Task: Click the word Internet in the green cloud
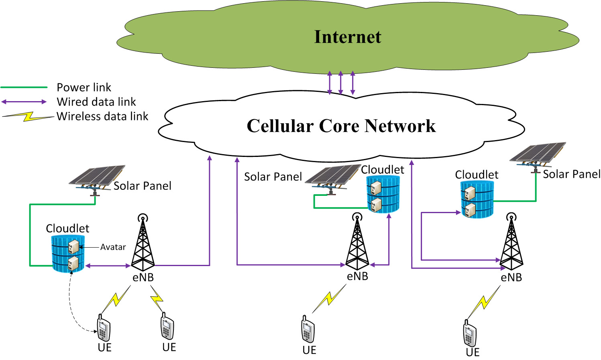[x=348, y=37]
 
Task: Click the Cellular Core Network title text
[x=341, y=126]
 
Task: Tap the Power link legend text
[x=84, y=87]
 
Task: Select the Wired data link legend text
[x=96, y=102]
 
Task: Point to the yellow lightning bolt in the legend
[x=28, y=117]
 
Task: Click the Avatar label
[x=113, y=247]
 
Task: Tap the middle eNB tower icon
[x=357, y=241]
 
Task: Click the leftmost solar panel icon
[x=97, y=180]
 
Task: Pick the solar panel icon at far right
[x=538, y=157]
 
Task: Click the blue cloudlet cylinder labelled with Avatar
[x=68, y=254]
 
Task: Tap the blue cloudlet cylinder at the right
[x=477, y=199]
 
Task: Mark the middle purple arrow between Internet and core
[x=341, y=83]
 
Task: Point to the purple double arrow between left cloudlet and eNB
[x=108, y=266]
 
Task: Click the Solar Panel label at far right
[x=571, y=174]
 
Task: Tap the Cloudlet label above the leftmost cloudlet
[x=67, y=228]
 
